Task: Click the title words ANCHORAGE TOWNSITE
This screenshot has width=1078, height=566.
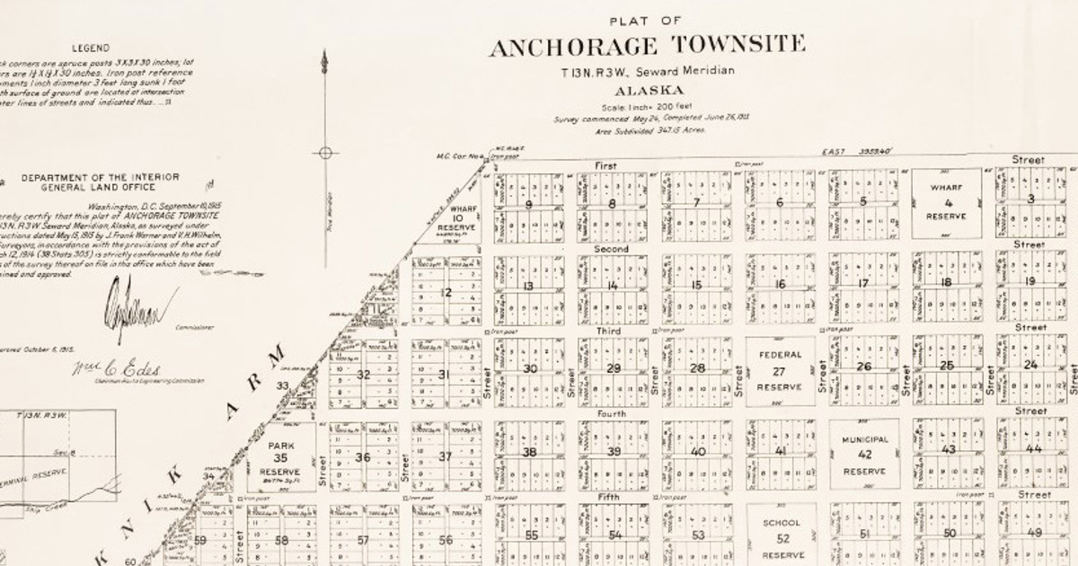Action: point(647,46)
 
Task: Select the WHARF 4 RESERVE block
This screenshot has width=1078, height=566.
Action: point(945,203)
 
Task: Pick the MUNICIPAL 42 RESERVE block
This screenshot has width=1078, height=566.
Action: point(864,455)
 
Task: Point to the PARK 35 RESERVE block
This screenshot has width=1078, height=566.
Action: point(281,458)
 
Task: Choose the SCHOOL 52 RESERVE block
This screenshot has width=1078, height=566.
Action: point(781,538)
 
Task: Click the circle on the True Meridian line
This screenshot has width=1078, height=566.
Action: point(325,153)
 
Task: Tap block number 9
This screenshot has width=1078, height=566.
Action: point(528,204)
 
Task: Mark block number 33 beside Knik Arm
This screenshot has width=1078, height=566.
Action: point(282,385)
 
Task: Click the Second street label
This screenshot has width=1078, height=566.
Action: point(611,248)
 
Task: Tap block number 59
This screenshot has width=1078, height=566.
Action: point(200,540)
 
